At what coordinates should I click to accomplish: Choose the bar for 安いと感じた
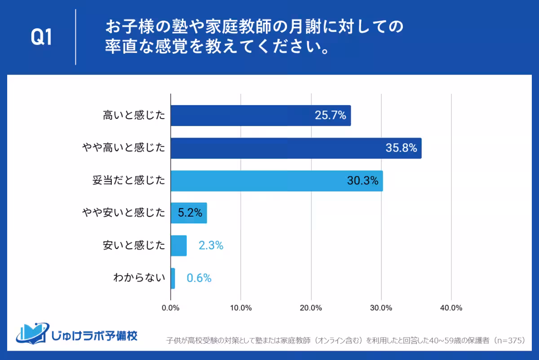click(x=178, y=246)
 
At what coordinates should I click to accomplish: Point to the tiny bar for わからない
click(x=173, y=278)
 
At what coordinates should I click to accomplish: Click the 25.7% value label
click(x=330, y=116)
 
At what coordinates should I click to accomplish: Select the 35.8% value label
click(x=401, y=148)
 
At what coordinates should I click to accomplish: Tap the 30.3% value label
click(x=362, y=181)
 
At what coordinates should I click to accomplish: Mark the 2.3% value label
click(x=211, y=246)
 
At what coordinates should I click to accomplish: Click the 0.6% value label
click(x=199, y=278)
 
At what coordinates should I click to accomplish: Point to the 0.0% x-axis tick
click(x=171, y=308)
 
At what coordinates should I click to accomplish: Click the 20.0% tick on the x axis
click(x=311, y=308)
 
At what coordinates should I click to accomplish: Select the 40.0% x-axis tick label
click(x=451, y=308)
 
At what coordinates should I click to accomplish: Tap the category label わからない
click(x=139, y=278)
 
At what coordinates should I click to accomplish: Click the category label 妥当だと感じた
click(x=128, y=181)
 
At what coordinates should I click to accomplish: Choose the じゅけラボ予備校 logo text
click(x=94, y=336)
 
